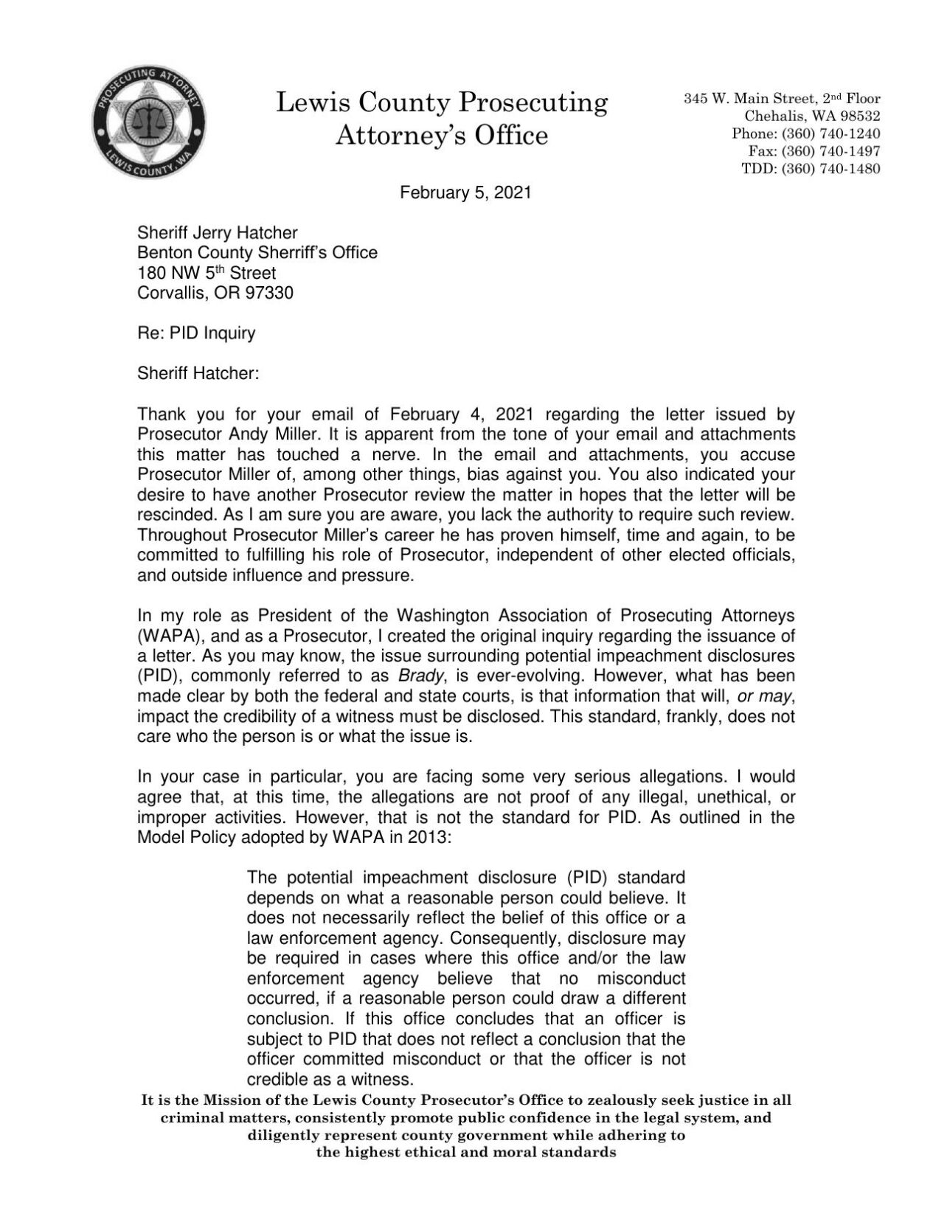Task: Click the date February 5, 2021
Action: pos(465,194)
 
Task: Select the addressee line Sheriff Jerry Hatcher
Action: pos(218,233)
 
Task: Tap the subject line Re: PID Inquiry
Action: pos(196,333)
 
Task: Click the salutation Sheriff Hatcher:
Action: pos(198,373)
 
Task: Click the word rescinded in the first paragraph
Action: pos(172,514)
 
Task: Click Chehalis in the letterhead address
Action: pos(774,116)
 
